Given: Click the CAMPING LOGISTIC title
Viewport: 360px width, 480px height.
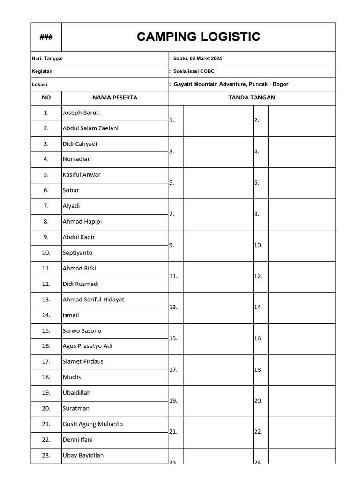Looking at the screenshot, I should tap(198, 37).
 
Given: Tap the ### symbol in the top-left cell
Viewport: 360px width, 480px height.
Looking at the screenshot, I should tap(46, 37).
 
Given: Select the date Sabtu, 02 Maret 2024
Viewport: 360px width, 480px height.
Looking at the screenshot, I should tap(197, 58).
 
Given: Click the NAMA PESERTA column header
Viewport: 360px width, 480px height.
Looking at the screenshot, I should tap(115, 97).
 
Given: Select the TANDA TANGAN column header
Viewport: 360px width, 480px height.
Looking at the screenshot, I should tap(252, 97).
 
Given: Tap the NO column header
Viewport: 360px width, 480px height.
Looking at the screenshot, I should tap(46, 97).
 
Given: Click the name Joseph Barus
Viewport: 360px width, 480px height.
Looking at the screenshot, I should tap(81, 112).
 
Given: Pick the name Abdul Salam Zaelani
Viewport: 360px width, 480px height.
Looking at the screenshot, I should tap(90, 128).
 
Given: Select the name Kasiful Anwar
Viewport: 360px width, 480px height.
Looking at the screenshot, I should tap(82, 174).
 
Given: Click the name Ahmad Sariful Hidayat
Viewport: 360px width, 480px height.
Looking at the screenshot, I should tap(93, 299).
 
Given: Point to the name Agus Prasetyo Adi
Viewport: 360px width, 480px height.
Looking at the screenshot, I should tap(87, 346).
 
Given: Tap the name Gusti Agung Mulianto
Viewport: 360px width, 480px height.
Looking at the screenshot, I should tap(92, 424).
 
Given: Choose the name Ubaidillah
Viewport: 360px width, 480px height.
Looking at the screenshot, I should tap(76, 393).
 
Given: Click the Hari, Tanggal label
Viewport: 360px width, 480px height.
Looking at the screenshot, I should tap(47, 58).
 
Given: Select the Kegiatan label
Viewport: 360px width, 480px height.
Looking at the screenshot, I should tap(42, 71).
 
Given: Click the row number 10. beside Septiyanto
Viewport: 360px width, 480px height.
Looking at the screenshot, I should tap(46, 253).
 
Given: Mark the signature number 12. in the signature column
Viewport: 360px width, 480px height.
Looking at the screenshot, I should tap(258, 276).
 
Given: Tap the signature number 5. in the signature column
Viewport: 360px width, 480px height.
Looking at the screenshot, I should tap(172, 183).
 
